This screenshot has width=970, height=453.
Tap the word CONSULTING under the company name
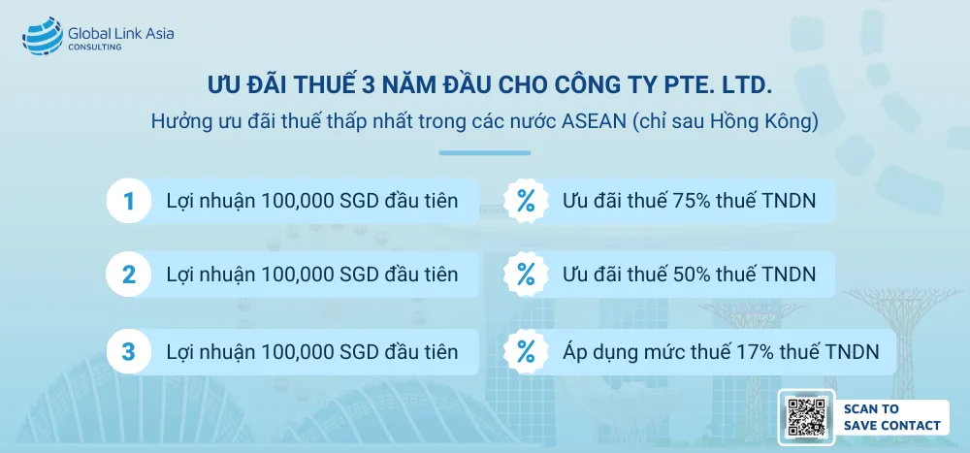(x=94, y=48)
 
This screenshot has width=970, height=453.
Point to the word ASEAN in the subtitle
(x=589, y=123)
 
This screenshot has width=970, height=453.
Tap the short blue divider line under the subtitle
(x=485, y=152)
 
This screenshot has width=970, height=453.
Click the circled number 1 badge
(x=128, y=202)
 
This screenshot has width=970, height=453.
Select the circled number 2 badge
(x=128, y=275)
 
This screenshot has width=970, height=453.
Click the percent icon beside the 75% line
(x=526, y=202)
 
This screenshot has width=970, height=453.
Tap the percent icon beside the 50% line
(x=526, y=275)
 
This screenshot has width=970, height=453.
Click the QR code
(x=806, y=417)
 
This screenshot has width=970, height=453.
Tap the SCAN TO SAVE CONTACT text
(x=890, y=417)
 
